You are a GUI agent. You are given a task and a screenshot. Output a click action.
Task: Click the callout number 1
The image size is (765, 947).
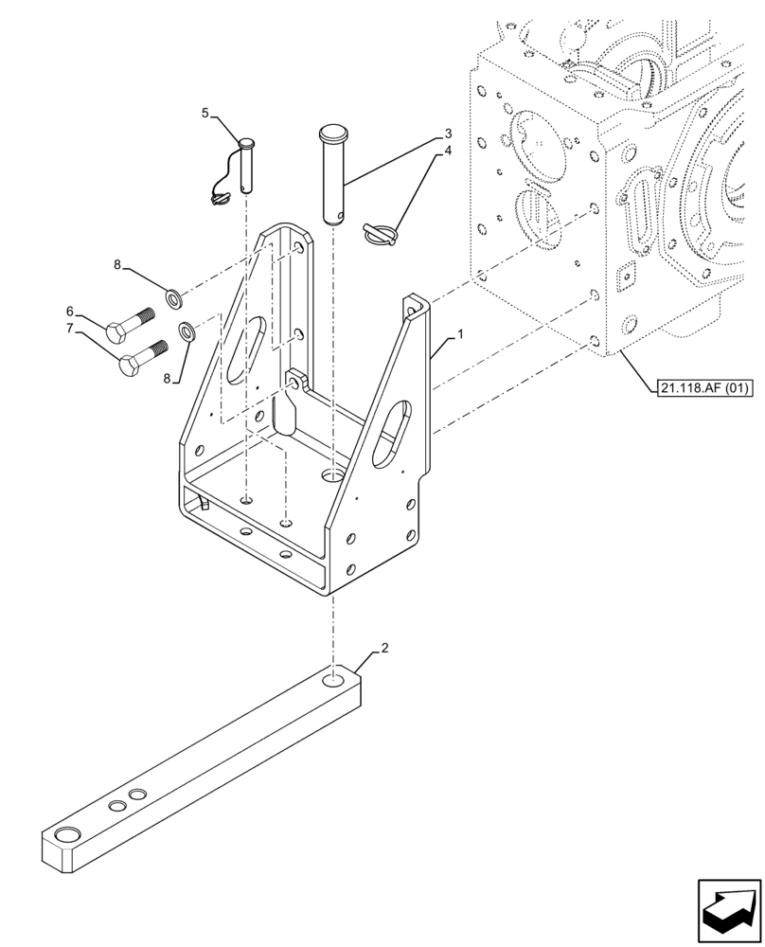460,335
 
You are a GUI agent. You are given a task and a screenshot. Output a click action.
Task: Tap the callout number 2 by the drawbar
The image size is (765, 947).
384,649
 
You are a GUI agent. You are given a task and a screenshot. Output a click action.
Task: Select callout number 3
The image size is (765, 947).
448,134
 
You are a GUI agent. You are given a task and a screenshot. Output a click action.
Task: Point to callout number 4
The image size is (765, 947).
448,151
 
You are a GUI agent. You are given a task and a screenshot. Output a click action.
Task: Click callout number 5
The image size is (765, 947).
205,114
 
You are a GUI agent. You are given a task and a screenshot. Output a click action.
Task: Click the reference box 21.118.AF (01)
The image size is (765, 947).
702,388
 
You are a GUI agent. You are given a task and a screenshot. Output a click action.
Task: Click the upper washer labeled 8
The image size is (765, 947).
174,299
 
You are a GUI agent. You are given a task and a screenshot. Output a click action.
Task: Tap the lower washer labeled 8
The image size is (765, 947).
187,331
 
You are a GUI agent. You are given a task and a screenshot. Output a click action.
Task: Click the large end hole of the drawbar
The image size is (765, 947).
67,835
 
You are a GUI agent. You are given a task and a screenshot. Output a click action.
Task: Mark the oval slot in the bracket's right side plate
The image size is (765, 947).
391,433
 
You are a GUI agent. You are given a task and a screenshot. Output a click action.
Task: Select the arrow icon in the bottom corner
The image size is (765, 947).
729,911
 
